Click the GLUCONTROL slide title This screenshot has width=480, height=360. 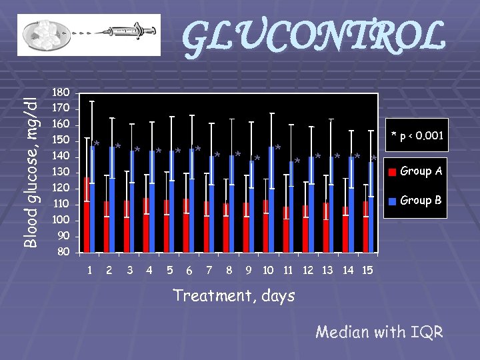[313, 37]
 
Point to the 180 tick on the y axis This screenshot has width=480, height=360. [61, 92]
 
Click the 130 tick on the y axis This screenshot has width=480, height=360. [61, 173]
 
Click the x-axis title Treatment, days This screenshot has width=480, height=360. [233, 295]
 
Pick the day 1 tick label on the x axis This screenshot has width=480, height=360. [89, 271]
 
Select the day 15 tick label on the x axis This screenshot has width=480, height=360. [367, 271]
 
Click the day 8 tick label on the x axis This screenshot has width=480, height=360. [229, 271]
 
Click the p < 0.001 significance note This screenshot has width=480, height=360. [417, 136]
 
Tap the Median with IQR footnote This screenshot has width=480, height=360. [379, 331]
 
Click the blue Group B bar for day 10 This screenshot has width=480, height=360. [271, 200]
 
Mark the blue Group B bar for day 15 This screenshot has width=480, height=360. [371, 207]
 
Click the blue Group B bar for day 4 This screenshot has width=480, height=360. [152, 200]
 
